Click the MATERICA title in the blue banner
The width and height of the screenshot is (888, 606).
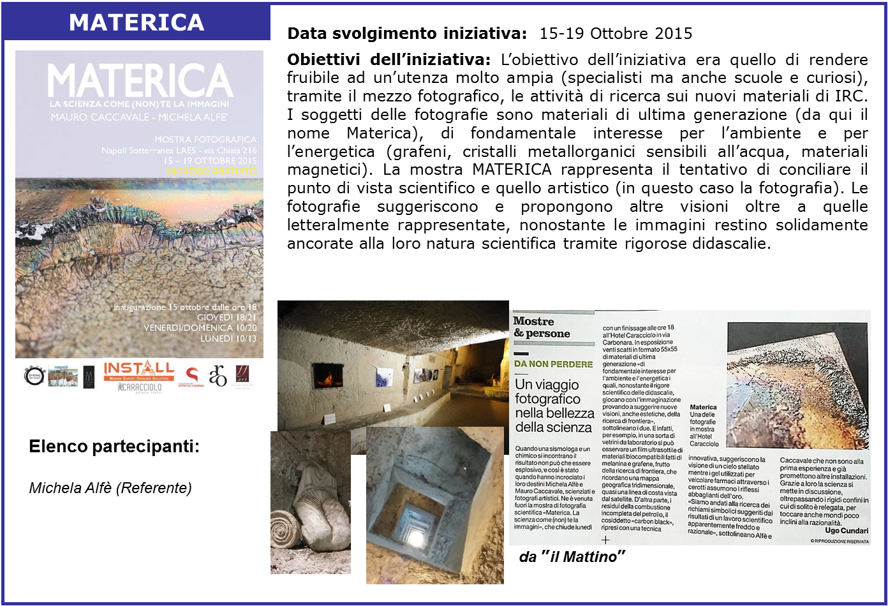coord(137,22)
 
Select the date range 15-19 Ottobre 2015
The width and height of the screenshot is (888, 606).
coord(616,33)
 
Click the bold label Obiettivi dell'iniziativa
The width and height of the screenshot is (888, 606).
coord(389,60)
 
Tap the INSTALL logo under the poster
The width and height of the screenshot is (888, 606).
coord(138,369)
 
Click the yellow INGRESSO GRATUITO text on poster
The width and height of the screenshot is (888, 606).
coord(211,171)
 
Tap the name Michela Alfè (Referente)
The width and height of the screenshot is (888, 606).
coord(110,488)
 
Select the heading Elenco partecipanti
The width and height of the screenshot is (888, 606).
coord(114,447)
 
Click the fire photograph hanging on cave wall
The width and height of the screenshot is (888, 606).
coord(322,376)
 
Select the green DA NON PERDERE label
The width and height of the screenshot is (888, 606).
coord(553,364)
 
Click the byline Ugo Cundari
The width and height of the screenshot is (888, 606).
coord(846,531)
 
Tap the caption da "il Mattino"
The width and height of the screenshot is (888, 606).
coord(572,557)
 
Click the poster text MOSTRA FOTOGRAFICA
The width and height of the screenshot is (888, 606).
coord(205,139)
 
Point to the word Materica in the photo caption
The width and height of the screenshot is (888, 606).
coord(703,407)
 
